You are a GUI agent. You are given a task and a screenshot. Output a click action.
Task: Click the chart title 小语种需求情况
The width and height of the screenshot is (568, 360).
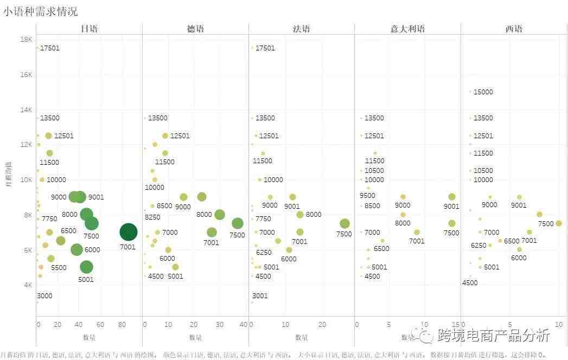pyautogui.click(x=40, y=11)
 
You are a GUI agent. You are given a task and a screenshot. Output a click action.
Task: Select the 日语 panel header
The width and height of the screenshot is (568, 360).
pyautogui.click(x=89, y=29)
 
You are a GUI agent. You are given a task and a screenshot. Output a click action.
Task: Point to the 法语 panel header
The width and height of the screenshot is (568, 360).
pyautogui.click(x=301, y=29)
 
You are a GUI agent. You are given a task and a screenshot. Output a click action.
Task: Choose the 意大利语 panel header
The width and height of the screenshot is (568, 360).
pyautogui.click(x=407, y=29)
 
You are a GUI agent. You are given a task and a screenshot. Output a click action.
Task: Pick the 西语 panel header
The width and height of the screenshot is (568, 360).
pyautogui.click(x=514, y=29)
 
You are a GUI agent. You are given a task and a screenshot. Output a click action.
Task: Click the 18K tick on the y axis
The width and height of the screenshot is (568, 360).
pyautogui.click(x=26, y=40)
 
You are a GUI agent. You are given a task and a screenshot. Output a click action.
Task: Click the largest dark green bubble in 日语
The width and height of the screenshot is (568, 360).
pyautogui.click(x=128, y=232)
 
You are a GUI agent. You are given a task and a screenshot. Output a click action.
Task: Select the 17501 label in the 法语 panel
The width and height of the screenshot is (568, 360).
pyautogui.click(x=265, y=48)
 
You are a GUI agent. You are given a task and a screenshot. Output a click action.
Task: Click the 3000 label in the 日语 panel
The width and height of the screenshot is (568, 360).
pyautogui.click(x=44, y=295)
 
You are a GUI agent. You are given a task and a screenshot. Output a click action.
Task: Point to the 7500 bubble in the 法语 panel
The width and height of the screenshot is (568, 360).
pyautogui.click(x=344, y=223)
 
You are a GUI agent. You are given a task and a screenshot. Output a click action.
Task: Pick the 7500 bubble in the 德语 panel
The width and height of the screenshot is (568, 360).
pyautogui.click(x=237, y=223)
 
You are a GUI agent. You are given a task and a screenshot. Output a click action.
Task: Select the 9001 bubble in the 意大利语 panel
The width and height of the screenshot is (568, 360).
pyautogui.click(x=452, y=197)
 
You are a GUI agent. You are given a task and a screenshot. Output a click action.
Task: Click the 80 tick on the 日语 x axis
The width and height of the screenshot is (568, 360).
pyautogui.click(x=121, y=325)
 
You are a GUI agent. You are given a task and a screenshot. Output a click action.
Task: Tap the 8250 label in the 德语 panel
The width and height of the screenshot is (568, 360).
pyautogui.click(x=154, y=217)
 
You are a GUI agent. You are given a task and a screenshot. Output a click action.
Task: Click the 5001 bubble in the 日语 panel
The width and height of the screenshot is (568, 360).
pyautogui.click(x=86, y=267)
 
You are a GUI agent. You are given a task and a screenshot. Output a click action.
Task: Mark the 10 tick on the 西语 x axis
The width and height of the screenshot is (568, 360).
pyautogui.click(x=559, y=325)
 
